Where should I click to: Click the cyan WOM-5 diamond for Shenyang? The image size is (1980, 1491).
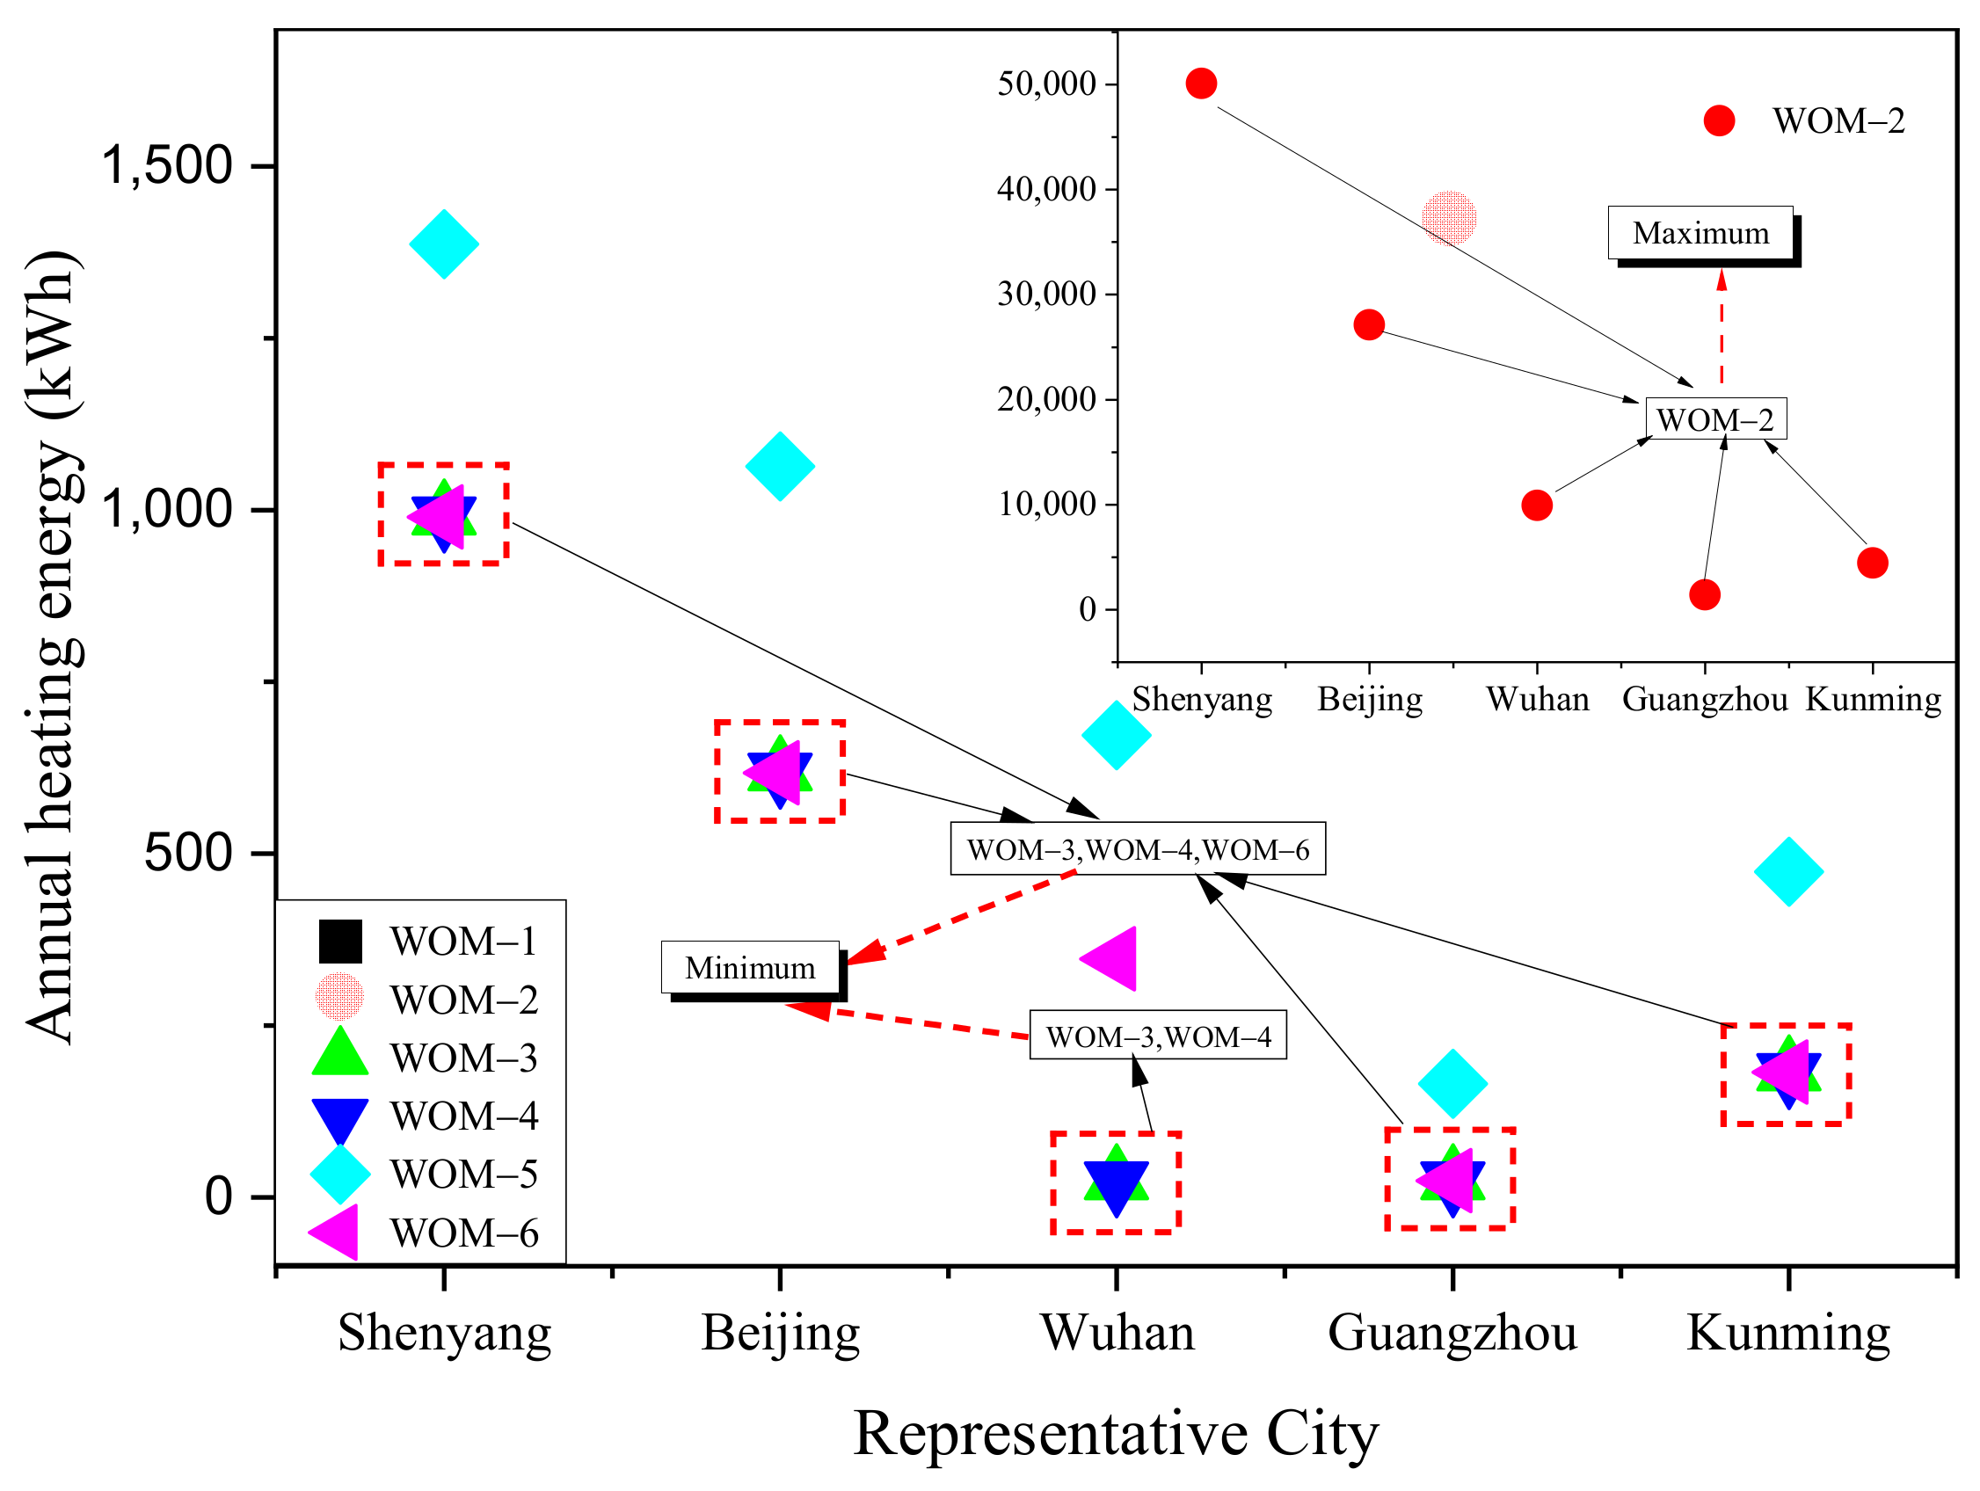(x=444, y=244)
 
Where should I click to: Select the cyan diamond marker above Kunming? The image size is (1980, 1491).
(x=1788, y=872)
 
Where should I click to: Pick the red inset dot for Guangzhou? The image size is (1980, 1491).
(x=1704, y=594)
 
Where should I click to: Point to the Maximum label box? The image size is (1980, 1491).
(x=1700, y=234)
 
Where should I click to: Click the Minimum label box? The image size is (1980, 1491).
(x=750, y=967)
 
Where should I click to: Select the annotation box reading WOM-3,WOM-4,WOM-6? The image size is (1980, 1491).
(x=1138, y=848)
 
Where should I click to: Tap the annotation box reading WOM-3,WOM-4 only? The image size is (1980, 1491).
(x=1157, y=1036)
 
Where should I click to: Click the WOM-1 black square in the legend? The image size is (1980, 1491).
(x=340, y=942)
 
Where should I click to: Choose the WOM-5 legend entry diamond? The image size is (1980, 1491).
(x=340, y=1175)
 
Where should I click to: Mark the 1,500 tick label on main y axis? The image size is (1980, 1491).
(x=166, y=165)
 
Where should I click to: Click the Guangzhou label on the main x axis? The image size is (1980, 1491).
(x=1452, y=1333)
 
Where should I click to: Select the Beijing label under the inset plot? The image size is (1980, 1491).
(x=1370, y=699)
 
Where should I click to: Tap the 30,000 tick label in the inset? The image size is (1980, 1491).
(x=1046, y=294)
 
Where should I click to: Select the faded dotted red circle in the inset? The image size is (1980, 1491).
(x=1449, y=217)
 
